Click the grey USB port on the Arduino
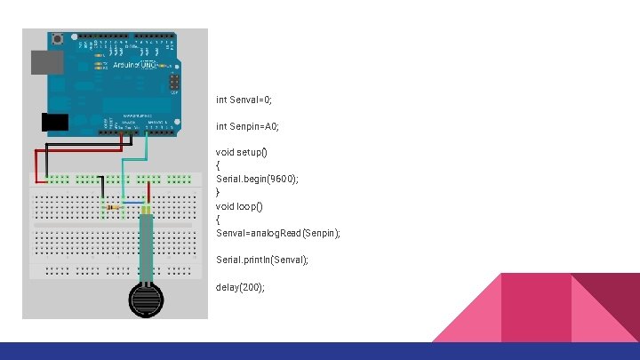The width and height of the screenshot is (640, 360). click(x=44, y=61)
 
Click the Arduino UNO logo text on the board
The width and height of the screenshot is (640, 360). click(x=133, y=65)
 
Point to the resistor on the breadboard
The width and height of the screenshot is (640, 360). click(x=113, y=208)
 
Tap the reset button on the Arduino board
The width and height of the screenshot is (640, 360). click(x=59, y=38)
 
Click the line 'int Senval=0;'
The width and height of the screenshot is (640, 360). click(x=251, y=100)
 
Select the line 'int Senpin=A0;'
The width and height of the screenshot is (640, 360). click(x=253, y=126)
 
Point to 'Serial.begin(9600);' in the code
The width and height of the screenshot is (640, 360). click(x=257, y=179)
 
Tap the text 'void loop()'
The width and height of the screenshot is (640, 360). click(x=239, y=205)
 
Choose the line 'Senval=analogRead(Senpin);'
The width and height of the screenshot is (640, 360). click(x=277, y=233)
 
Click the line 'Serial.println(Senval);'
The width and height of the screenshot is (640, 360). click(x=262, y=260)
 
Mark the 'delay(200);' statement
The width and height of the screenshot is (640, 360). click(x=240, y=287)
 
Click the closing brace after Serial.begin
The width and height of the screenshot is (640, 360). click(x=218, y=192)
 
